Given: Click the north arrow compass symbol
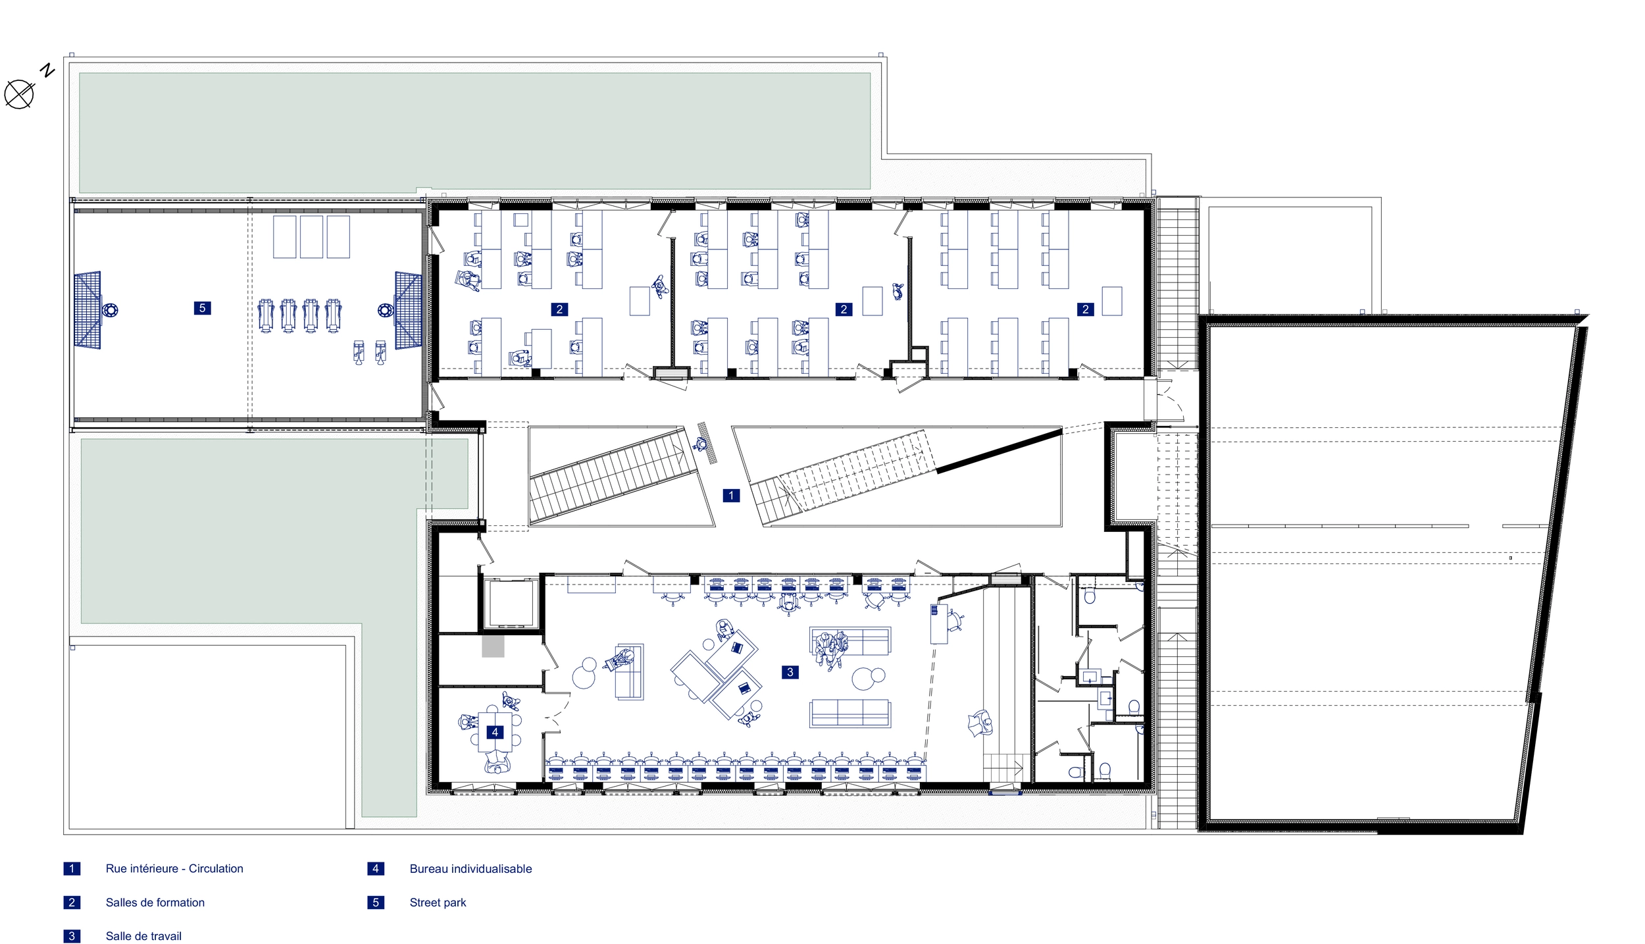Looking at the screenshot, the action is (x=19, y=94).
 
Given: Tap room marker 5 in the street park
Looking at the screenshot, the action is (x=202, y=307).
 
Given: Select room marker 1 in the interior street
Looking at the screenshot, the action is (x=731, y=495).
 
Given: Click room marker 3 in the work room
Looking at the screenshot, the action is (x=790, y=671).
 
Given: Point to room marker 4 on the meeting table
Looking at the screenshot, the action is (x=495, y=731).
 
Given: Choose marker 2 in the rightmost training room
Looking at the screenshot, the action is (x=1085, y=309).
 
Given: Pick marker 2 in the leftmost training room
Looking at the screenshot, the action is (x=559, y=309).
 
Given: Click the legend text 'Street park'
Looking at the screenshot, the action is (x=438, y=903).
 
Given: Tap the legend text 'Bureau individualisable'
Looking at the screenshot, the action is (x=470, y=869).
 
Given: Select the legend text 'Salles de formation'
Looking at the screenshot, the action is (x=155, y=903).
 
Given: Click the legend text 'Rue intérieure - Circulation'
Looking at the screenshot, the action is (x=174, y=869).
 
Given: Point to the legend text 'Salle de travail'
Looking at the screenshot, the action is (x=143, y=936).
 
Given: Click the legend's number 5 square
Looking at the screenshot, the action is (x=376, y=903).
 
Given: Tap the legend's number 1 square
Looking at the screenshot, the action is (x=72, y=869).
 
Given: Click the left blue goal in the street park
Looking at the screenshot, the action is (x=88, y=309).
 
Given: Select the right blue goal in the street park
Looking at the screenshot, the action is (x=409, y=310).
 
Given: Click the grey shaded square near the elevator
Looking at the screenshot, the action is (x=493, y=646).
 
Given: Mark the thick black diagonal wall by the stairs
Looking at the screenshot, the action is (x=999, y=451).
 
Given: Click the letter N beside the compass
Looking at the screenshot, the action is (x=47, y=70).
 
